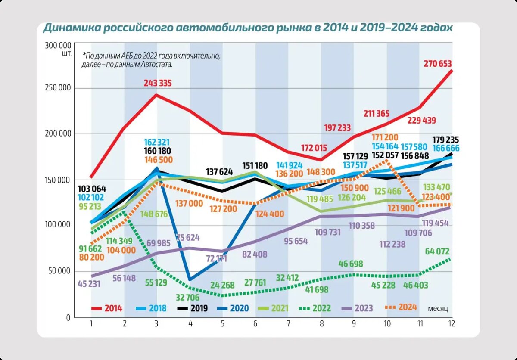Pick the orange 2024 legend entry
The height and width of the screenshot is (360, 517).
pos(407,307)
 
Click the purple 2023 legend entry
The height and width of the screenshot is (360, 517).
pos(363,308)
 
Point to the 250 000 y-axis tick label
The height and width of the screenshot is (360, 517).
pos(58,88)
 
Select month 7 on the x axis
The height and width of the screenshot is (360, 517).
pos(288,323)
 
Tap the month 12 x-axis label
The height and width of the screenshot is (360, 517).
pos(452,323)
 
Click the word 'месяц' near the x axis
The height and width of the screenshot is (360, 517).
pos(438,308)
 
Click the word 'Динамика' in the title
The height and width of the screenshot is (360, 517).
pos(69,28)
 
